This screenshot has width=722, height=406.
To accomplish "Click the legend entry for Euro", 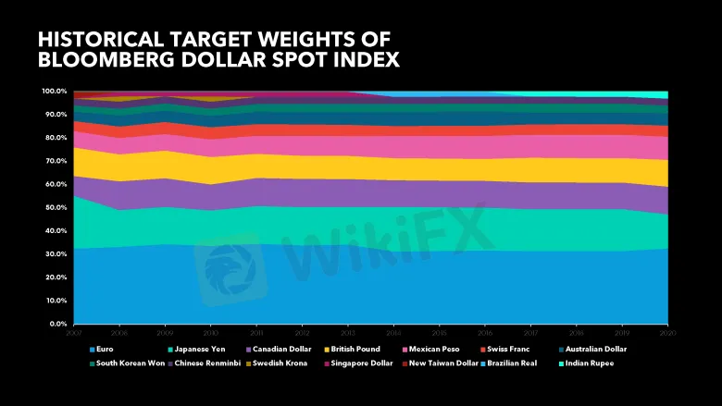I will point(102,350).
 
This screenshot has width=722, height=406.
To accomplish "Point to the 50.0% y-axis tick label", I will point(54,207).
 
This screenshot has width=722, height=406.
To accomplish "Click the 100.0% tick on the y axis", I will point(54,92).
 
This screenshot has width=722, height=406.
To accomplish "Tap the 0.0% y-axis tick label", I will point(56,324).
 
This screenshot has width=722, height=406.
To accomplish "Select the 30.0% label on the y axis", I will point(54,254).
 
